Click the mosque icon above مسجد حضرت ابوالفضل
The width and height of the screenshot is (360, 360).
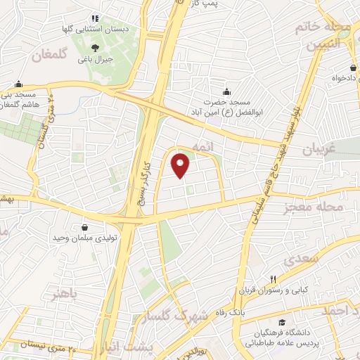pyautogui.click(x=226, y=91)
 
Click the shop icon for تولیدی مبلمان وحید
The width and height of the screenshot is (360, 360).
pyautogui.click(x=85, y=227)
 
